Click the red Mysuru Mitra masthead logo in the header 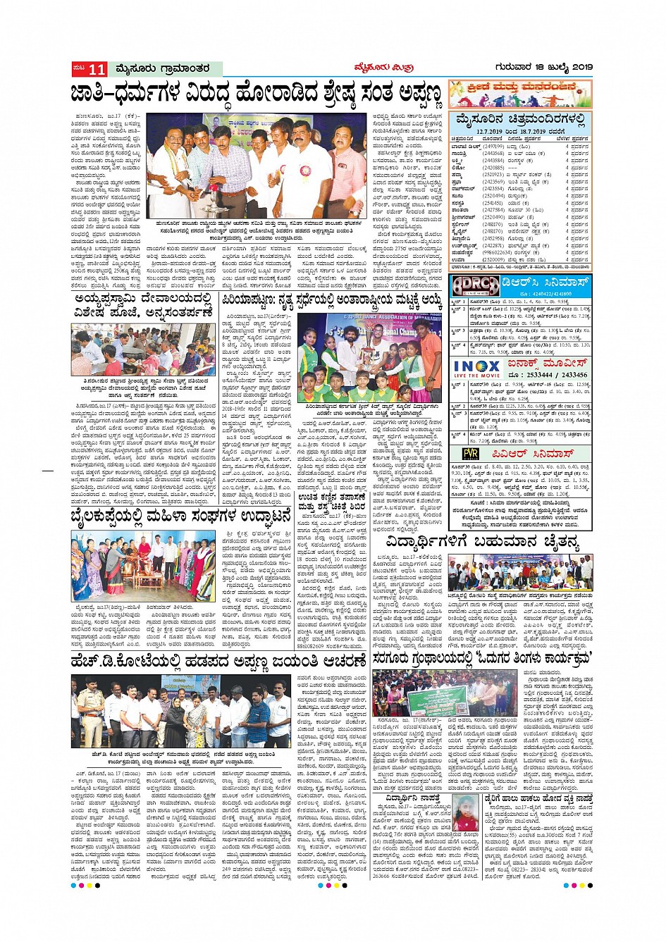383,68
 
